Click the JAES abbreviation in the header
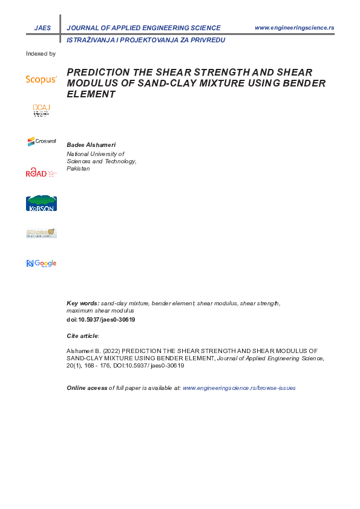point(43,28)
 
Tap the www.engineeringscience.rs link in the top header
point(295,28)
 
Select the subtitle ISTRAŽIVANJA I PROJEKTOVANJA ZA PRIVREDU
point(146,39)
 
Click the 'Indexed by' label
point(41,54)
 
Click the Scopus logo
point(41,79)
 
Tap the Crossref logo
point(41,141)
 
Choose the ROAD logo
point(41,173)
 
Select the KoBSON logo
point(41,204)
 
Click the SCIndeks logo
point(41,233)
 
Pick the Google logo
point(41,263)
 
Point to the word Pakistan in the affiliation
point(78,169)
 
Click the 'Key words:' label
point(83,303)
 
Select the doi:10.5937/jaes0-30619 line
point(100,319)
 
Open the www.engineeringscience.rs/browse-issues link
point(239,387)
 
